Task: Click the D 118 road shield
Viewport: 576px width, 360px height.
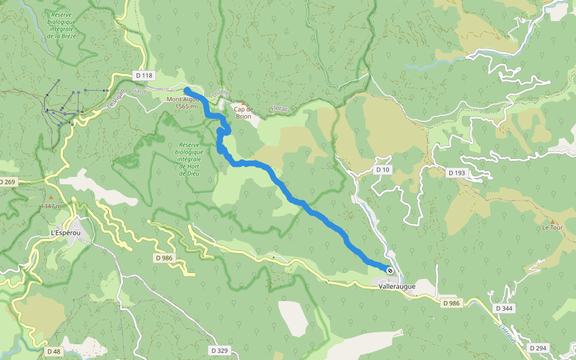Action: [x=145, y=76]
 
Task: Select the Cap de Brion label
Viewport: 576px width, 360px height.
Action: [x=243, y=112]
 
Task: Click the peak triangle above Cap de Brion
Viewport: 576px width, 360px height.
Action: [x=243, y=103]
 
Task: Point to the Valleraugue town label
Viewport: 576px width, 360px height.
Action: [x=397, y=287]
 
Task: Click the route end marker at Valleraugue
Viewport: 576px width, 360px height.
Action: [x=389, y=270]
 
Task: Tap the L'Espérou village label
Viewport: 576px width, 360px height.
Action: [x=65, y=232]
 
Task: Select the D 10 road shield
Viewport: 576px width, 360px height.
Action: [x=383, y=170]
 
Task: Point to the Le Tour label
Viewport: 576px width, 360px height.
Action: [x=552, y=228]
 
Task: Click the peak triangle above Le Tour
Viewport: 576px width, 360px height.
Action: [x=552, y=222]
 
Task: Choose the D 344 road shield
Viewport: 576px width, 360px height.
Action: [x=505, y=308]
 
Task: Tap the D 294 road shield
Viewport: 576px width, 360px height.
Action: [x=538, y=348]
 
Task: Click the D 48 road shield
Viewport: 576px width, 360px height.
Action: [x=52, y=350]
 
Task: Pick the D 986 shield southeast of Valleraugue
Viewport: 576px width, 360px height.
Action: [x=451, y=303]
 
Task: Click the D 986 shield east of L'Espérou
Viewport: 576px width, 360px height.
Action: [x=163, y=257]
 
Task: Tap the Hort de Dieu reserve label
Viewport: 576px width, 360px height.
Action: [x=189, y=159]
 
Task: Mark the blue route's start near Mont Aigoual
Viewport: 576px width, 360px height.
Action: [x=187, y=90]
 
